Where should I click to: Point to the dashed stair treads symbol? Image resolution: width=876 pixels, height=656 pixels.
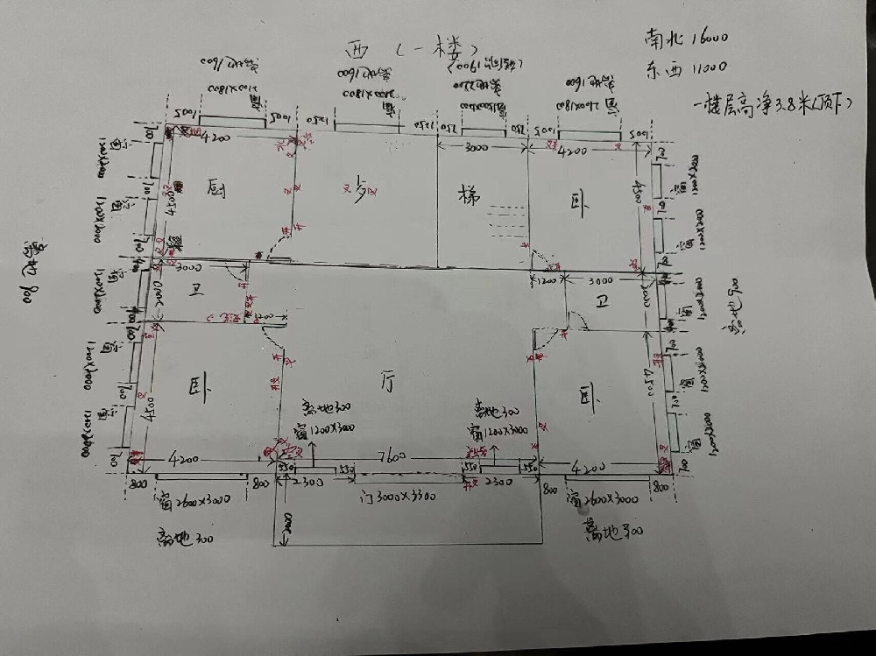pyautogui.click(x=509, y=223)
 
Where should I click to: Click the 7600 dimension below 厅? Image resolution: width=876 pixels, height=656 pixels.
pyautogui.click(x=389, y=455)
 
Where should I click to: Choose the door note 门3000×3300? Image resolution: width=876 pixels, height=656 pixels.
pyautogui.click(x=399, y=496)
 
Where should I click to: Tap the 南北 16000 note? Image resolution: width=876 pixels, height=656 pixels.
pyautogui.click(x=688, y=39)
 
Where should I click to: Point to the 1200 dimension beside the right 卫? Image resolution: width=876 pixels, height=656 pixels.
pyautogui.click(x=545, y=282)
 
